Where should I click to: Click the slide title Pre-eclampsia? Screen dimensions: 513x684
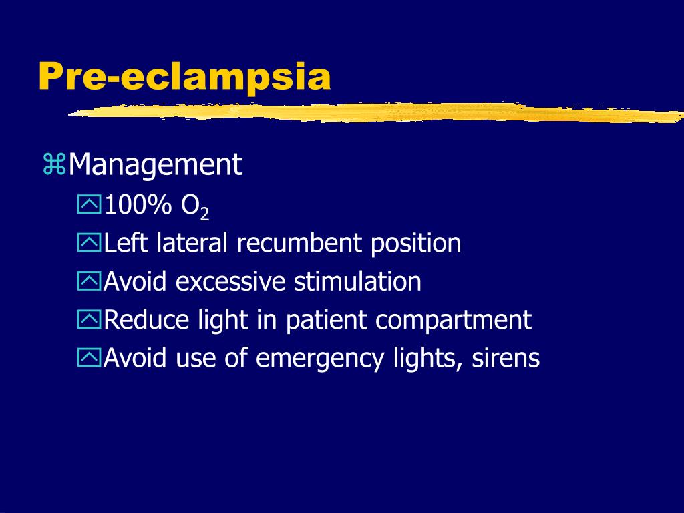pos(184,77)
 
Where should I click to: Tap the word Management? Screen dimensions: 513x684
pos(155,165)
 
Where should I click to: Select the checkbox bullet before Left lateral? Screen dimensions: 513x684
pos(89,244)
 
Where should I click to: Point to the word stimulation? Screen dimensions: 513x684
pos(357,282)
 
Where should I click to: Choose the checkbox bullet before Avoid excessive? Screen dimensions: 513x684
pos(89,283)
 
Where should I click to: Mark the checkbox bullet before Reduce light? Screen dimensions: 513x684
pos(89,321)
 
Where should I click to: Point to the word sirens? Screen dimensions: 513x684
pos(506,359)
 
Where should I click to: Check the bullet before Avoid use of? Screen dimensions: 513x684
pos(89,359)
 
